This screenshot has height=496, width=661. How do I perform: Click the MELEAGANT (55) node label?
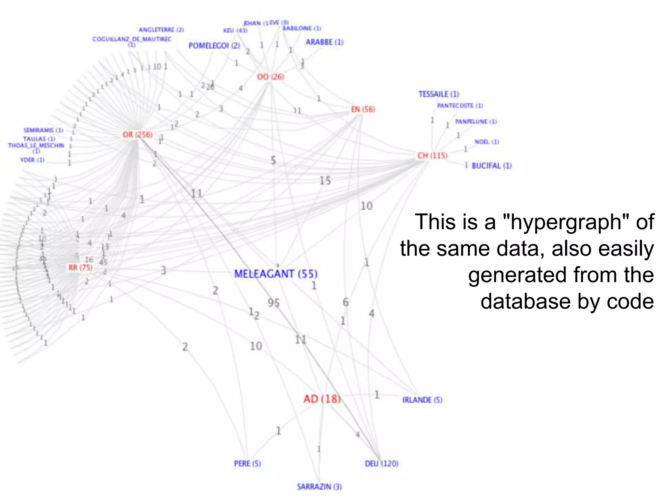tap(276, 274)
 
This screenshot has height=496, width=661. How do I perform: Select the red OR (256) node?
tap(137, 134)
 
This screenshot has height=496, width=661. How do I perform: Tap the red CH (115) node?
tap(432, 156)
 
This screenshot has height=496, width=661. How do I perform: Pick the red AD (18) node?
tap(322, 399)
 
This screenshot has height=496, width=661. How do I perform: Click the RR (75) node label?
tap(80, 268)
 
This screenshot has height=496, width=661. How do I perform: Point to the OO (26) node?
tap(270, 77)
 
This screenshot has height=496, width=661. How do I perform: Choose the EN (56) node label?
tap(363, 109)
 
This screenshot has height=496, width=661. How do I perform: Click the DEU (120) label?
tap(381, 463)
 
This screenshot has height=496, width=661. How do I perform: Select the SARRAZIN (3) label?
tap(319, 486)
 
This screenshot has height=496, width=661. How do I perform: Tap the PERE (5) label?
tap(247, 463)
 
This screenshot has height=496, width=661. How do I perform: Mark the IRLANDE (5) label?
tap(422, 400)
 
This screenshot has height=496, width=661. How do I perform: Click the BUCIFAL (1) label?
tap(492, 166)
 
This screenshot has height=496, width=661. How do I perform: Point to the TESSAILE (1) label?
tap(439, 94)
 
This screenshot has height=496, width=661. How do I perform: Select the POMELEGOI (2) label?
tap(214, 46)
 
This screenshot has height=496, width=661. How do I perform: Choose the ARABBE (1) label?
tap(324, 42)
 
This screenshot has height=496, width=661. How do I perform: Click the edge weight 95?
tap(273, 303)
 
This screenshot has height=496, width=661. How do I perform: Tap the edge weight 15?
tap(325, 181)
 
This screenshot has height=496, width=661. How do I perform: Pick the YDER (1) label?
tap(32, 160)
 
